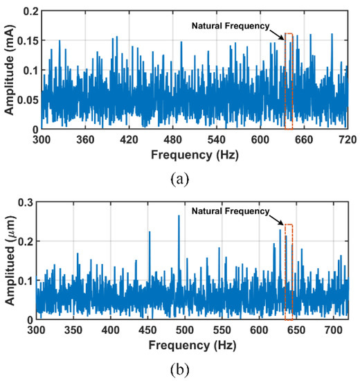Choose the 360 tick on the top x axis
click(x=85, y=139)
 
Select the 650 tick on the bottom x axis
click(x=296, y=329)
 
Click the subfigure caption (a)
click(x=179, y=179)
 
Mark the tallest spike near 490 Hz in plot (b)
click(x=179, y=217)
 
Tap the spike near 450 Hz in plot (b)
click(x=150, y=233)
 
